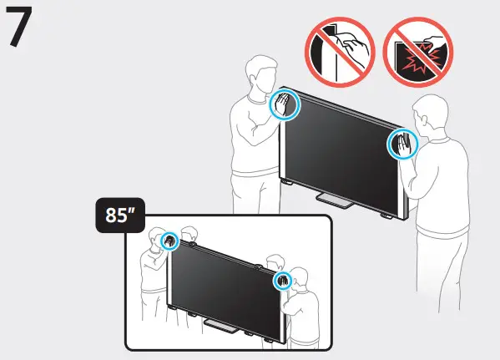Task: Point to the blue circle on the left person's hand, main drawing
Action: (285, 107)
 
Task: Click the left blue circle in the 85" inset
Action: (169, 241)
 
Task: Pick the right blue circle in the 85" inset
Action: (282, 280)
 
